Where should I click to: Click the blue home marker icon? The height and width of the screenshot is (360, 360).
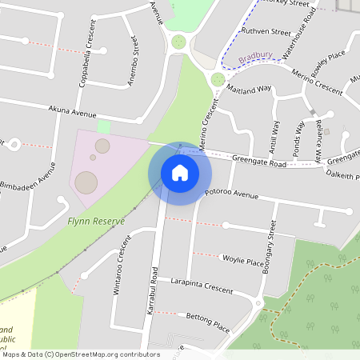point(180,173)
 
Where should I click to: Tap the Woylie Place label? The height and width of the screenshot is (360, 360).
point(243,261)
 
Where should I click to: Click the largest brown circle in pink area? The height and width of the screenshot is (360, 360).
point(86,182)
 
